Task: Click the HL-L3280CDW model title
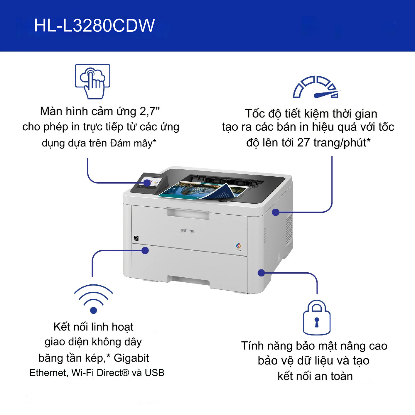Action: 94,26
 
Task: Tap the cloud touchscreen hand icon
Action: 93,81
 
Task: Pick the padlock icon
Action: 317,318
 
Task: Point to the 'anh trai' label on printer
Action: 187,231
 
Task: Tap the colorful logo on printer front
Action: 238,246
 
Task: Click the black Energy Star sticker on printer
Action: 136,238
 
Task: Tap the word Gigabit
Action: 131,358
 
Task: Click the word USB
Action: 154,373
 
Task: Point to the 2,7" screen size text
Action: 150,111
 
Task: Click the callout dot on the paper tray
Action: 145,250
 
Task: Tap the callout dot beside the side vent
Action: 276,212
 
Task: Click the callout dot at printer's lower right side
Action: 261,273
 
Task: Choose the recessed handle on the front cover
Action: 188,214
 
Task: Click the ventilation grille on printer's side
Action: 289,229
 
